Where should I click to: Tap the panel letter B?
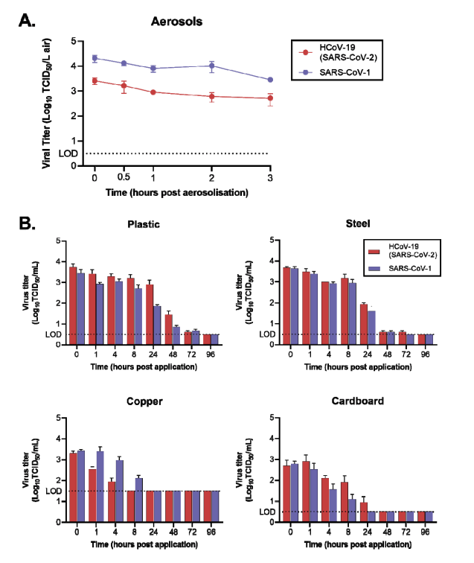tap(26, 223)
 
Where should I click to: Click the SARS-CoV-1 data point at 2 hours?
tap(211, 66)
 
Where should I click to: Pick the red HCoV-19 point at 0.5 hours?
tap(124, 86)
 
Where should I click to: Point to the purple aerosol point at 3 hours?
tap(270, 80)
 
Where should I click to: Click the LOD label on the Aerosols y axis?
tap(68, 153)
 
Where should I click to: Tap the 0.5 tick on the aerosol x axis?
tap(124, 179)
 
